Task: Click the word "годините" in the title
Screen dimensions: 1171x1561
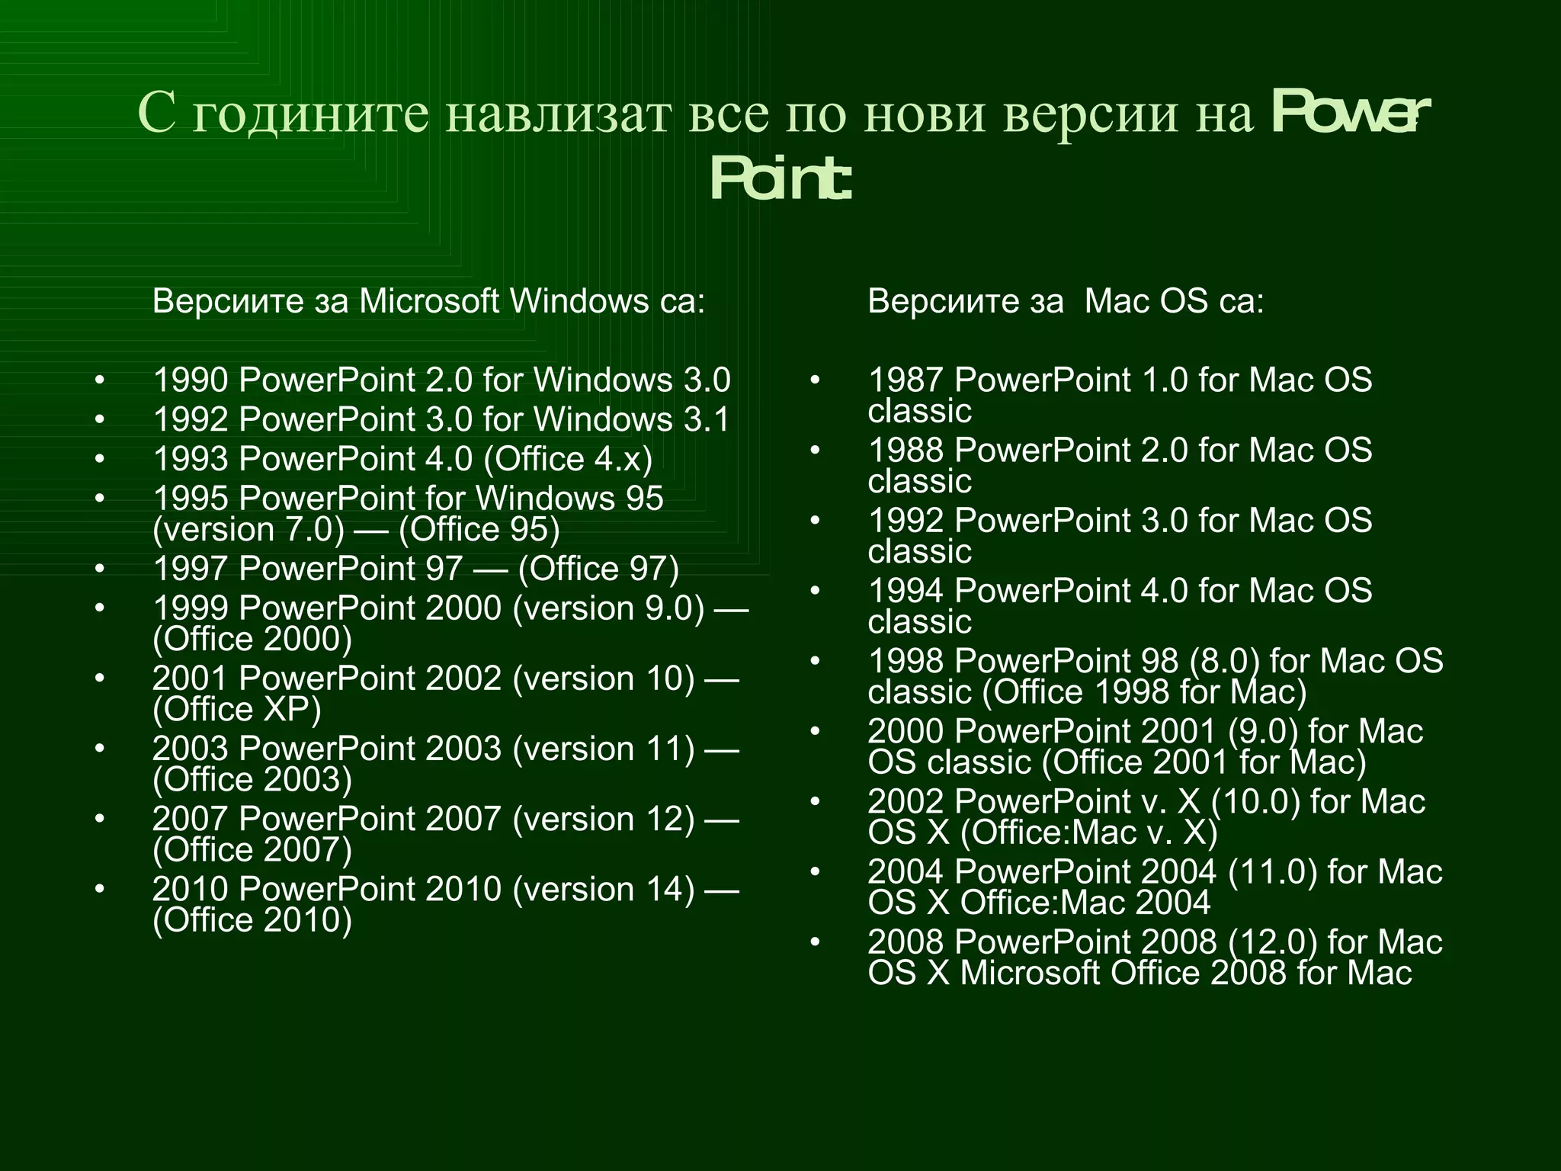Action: (310, 114)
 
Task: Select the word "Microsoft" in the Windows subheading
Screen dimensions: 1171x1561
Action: (429, 302)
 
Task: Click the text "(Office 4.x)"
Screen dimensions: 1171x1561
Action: (568, 459)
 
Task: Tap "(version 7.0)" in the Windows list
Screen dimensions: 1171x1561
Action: (248, 530)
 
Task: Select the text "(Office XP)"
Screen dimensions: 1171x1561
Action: (237, 710)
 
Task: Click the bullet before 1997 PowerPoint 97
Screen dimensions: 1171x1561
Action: (99, 569)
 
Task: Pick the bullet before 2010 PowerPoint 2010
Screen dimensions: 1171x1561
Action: (99, 889)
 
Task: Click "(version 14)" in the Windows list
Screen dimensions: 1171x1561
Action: (604, 889)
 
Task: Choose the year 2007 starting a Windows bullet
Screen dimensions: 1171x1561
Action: (191, 819)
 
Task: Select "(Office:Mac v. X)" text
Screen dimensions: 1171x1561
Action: (1088, 833)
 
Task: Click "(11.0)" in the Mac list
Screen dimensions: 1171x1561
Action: (1272, 871)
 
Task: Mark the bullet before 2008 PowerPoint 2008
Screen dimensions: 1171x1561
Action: (815, 942)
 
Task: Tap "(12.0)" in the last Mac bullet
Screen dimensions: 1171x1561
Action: (1272, 942)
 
